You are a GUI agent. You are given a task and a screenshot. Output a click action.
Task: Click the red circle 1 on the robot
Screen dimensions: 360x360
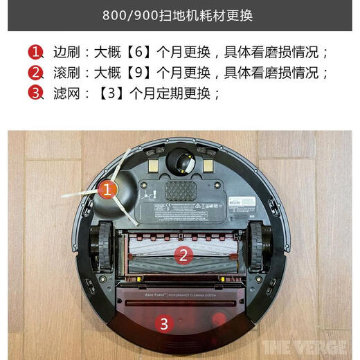[106, 188]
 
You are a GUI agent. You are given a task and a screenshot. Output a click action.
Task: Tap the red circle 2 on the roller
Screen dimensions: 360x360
[183, 254]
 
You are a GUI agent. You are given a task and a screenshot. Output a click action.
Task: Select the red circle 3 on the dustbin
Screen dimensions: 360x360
[163, 322]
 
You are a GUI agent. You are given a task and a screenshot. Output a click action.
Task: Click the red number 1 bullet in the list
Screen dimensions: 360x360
[36, 52]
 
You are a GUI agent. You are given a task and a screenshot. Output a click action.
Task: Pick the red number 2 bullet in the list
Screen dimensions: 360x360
[36, 72]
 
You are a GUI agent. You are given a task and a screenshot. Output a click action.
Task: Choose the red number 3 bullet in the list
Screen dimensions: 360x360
[36, 92]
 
